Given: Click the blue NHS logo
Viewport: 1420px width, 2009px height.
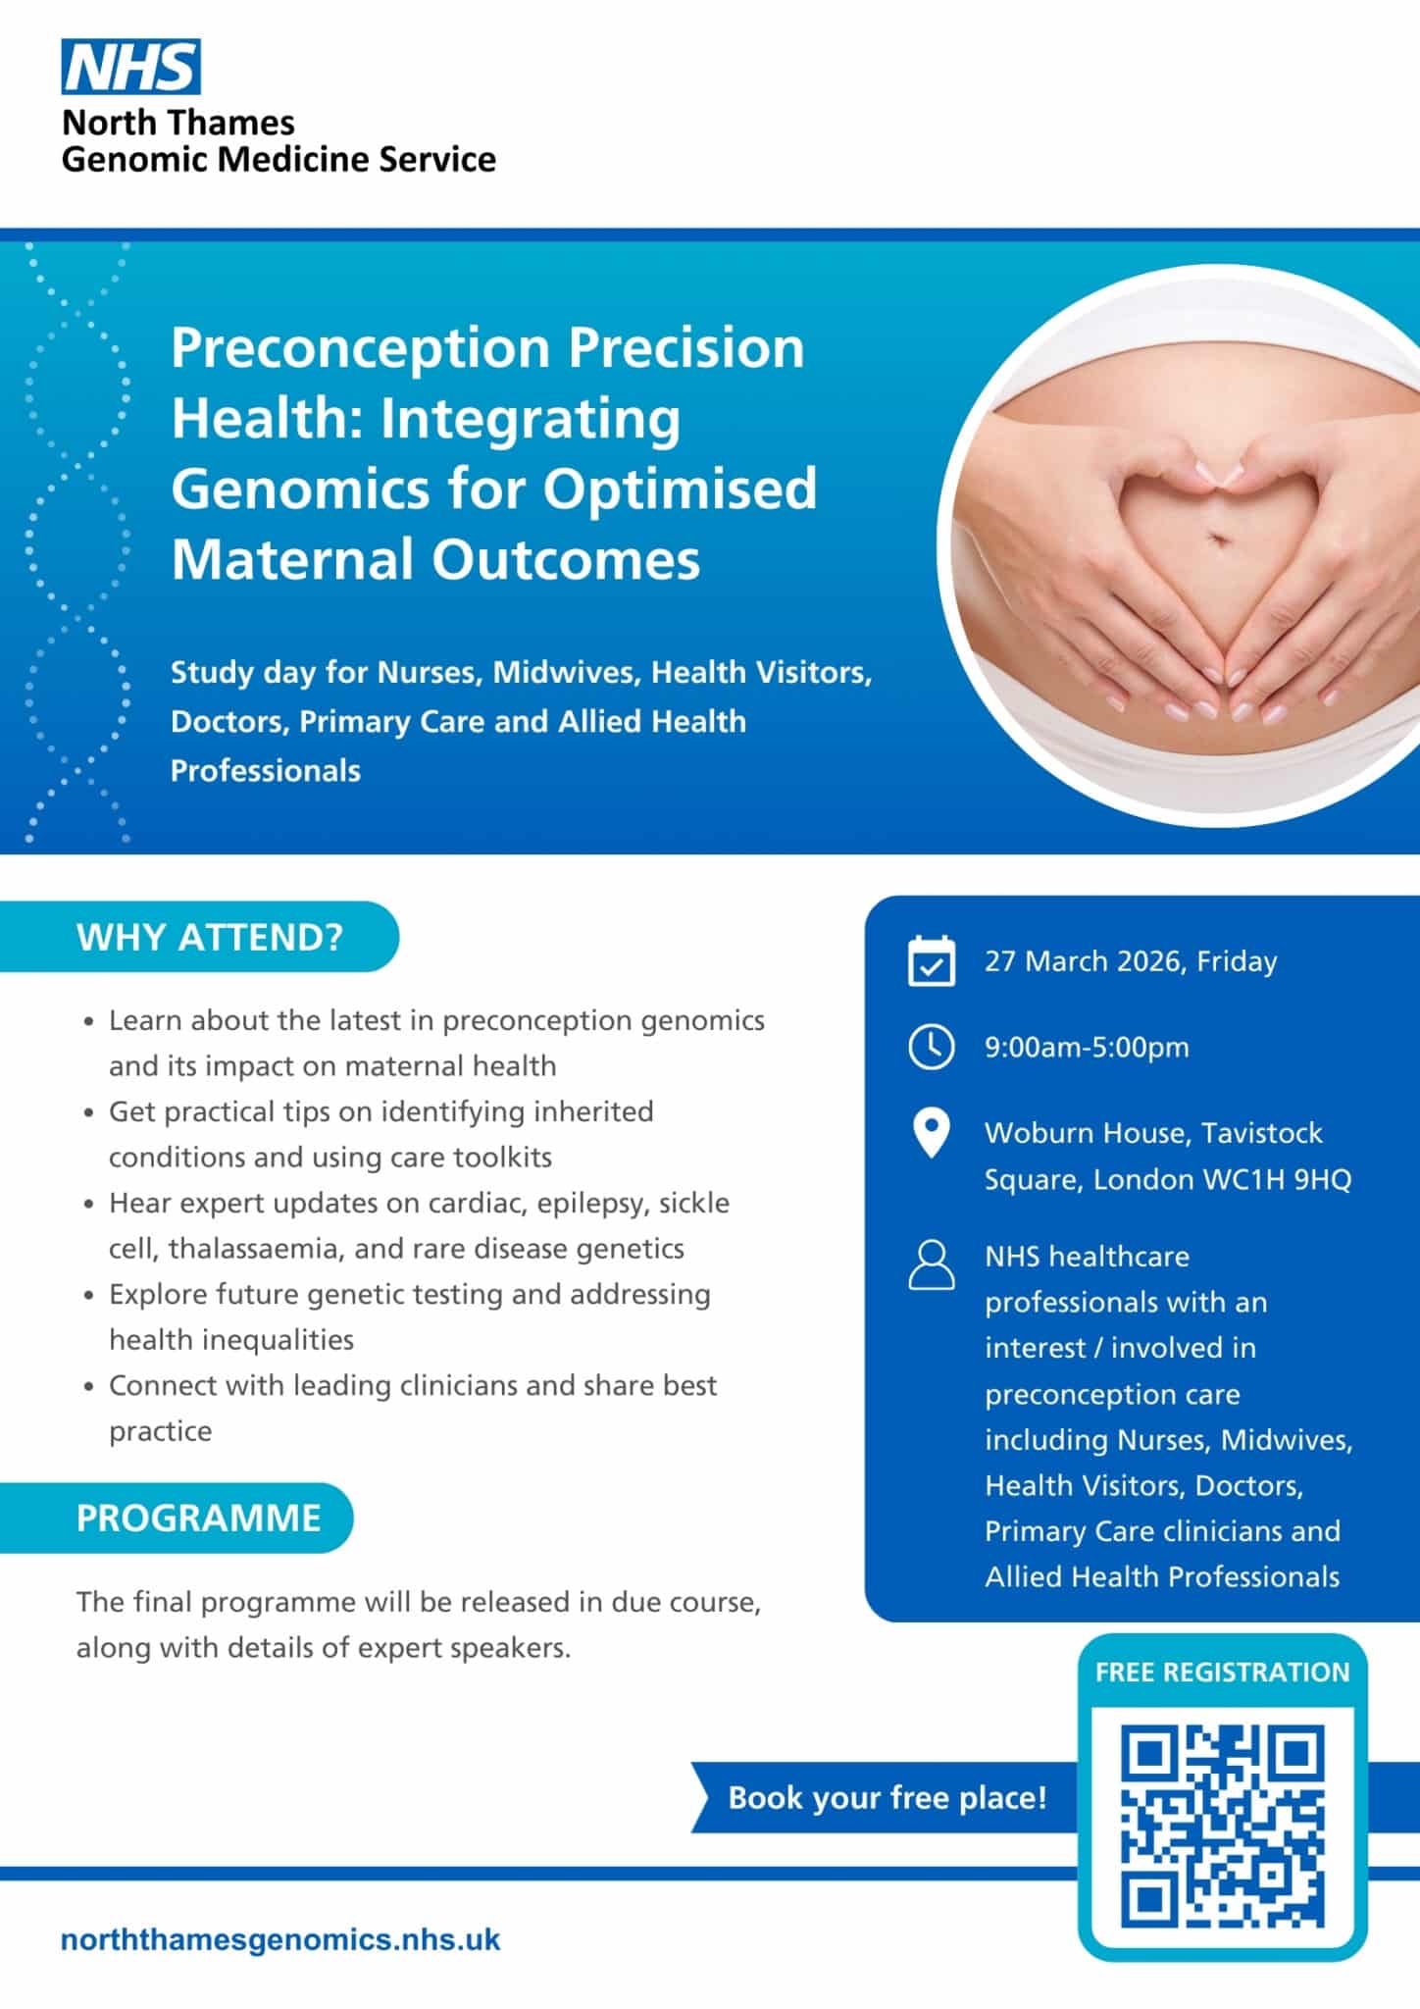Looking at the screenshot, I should [x=130, y=67].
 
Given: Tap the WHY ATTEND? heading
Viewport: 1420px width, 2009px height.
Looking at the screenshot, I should [x=210, y=937].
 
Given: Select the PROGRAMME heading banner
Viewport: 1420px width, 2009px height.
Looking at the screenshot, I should [x=198, y=1518].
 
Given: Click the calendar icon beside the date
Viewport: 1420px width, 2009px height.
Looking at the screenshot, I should [x=931, y=960].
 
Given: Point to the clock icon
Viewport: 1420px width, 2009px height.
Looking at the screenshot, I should [x=931, y=1047].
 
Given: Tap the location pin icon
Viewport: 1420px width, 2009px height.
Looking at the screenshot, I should [x=931, y=1134].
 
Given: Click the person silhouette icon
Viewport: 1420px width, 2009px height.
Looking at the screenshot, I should [x=931, y=1263].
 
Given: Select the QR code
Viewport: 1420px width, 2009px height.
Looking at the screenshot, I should [x=1222, y=1827].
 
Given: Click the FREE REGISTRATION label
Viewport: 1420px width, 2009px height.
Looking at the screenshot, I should [x=1222, y=1673].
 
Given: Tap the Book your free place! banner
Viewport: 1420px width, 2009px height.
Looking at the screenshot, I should [x=887, y=1797].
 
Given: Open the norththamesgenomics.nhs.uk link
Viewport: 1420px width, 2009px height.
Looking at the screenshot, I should [x=280, y=1939].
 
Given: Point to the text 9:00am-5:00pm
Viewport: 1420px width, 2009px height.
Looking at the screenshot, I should [x=1087, y=1047].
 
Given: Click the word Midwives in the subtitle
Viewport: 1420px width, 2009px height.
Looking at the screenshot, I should [x=565, y=673].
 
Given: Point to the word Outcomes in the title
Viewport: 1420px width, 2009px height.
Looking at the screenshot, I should [x=566, y=559].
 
